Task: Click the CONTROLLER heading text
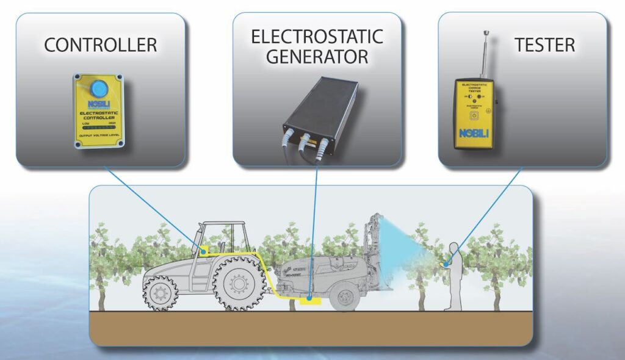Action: coord(101,45)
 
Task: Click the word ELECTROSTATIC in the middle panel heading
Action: coord(317,36)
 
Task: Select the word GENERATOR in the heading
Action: coord(317,57)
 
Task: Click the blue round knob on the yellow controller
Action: coord(97,87)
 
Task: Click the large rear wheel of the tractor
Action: coord(240,284)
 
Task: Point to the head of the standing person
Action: coord(453,247)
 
